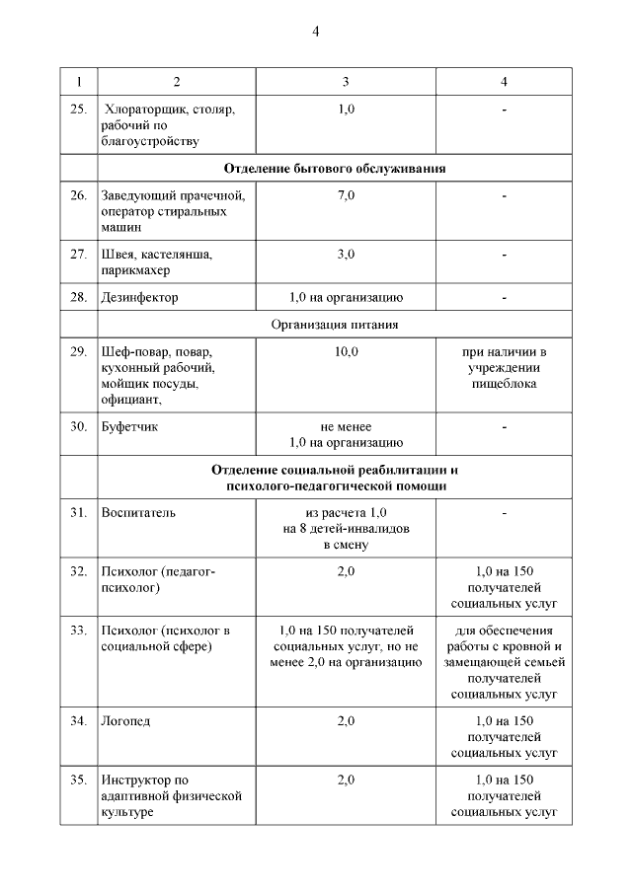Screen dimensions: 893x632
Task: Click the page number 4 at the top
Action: (x=316, y=32)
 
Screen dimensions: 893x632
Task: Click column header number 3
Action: (x=346, y=80)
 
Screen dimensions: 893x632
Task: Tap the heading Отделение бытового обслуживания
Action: (x=335, y=169)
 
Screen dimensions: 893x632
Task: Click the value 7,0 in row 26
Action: (x=346, y=195)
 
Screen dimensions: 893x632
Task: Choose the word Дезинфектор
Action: (x=139, y=297)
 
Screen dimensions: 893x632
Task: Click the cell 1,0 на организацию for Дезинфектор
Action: (x=346, y=297)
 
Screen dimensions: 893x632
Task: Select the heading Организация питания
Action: (x=335, y=324)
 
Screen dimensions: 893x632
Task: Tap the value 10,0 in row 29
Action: (x=346, y=351)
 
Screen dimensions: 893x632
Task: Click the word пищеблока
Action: (x=504, y=383)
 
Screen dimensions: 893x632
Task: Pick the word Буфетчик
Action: (x=130, y=427)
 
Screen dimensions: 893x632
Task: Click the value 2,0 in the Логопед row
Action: (x=346, y=721)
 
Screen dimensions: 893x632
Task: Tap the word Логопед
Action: (x=125, y=721)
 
